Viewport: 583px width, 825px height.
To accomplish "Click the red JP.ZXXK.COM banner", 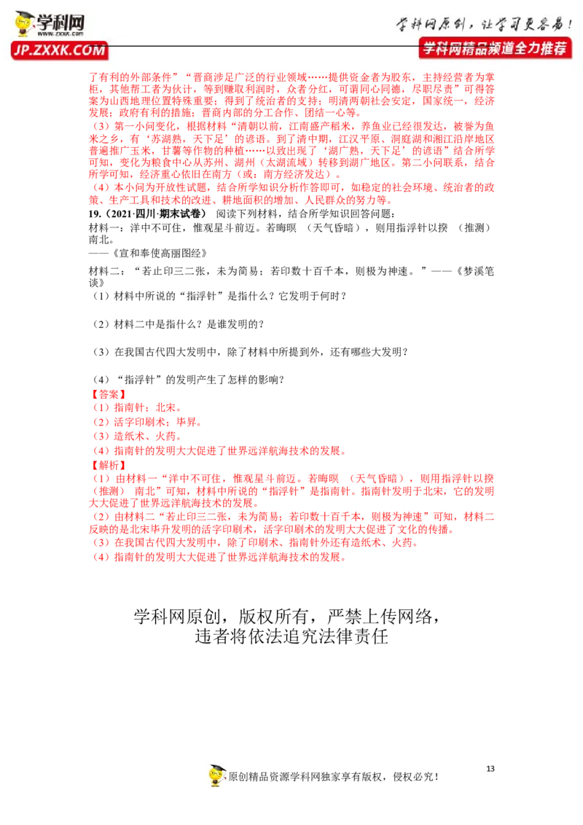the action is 60,50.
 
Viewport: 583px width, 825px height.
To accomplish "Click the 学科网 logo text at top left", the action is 60,22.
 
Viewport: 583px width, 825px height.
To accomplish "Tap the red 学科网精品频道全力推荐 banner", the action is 495,48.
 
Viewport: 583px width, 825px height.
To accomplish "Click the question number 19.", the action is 95,214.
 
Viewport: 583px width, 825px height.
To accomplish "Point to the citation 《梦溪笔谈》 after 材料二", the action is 474,277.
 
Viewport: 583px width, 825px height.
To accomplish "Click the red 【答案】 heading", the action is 109,394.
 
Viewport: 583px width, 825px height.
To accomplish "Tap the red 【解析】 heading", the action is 109,465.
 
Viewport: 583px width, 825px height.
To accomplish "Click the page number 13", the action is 490,769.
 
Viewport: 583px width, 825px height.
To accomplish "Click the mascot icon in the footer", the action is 216,775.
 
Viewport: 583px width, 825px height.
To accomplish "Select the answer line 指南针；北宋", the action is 136,408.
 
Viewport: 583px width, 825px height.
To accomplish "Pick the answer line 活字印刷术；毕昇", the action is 146,422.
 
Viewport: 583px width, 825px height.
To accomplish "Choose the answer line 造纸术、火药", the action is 136,436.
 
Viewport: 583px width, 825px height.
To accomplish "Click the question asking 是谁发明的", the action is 178,324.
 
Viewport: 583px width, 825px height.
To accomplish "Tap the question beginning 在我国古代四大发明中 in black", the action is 250,352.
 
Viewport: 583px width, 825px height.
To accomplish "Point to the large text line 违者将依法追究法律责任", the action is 291,636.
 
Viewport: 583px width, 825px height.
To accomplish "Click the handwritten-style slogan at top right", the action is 484,24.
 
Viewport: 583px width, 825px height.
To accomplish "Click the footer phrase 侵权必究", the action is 415,777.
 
